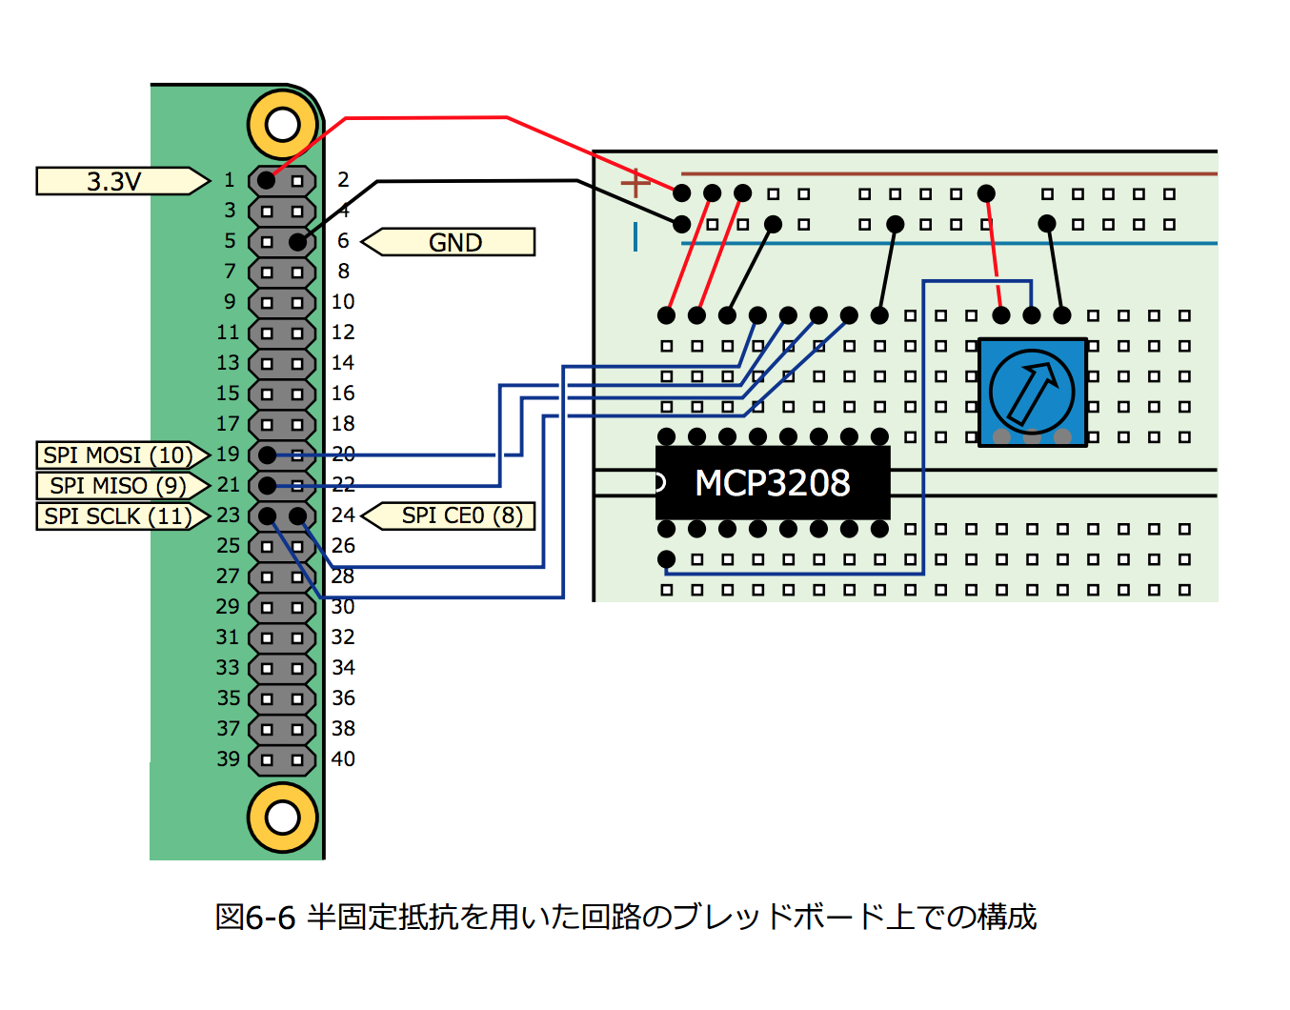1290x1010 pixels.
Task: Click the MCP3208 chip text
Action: click(772, 483)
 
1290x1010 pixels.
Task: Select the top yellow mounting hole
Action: click(282, 124)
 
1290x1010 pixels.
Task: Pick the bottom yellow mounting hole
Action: click(282, 817)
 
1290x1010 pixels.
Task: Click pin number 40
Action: click(343, 759)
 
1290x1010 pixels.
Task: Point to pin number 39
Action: click(228, 759)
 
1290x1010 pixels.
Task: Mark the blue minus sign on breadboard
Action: click(635, 235)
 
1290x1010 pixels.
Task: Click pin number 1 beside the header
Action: click(229, 180)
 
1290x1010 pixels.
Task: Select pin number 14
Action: click(343, 363)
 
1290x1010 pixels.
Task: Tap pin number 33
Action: click(228, 668)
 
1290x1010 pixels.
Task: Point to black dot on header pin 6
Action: click(297, 242)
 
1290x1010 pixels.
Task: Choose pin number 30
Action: click(343, 607)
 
